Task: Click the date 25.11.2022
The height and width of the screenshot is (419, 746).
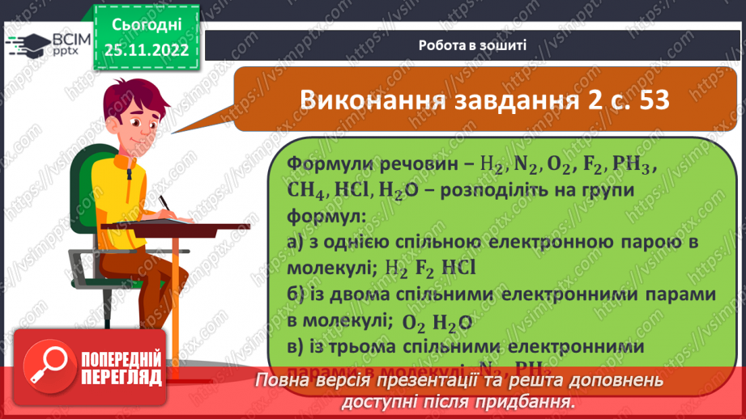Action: pos(146,49)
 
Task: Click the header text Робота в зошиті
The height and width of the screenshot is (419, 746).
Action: pos(473,44)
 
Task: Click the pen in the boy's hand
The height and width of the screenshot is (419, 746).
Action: pos(164,200)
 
